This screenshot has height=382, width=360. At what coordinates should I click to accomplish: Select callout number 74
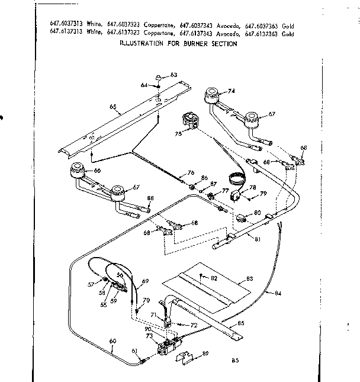coord(232,91)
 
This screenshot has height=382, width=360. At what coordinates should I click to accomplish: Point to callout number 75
coord(178,134)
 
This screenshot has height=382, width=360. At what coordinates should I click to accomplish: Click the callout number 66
coord(98,171)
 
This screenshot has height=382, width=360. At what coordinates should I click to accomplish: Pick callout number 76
coord(191,172)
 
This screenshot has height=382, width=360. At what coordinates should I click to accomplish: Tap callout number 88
coord(150,198)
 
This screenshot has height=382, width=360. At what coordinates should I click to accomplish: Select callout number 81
coord(258,239)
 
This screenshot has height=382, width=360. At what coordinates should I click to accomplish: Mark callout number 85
coord(240,323)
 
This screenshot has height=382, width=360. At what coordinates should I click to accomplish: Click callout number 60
coord(112,341)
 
